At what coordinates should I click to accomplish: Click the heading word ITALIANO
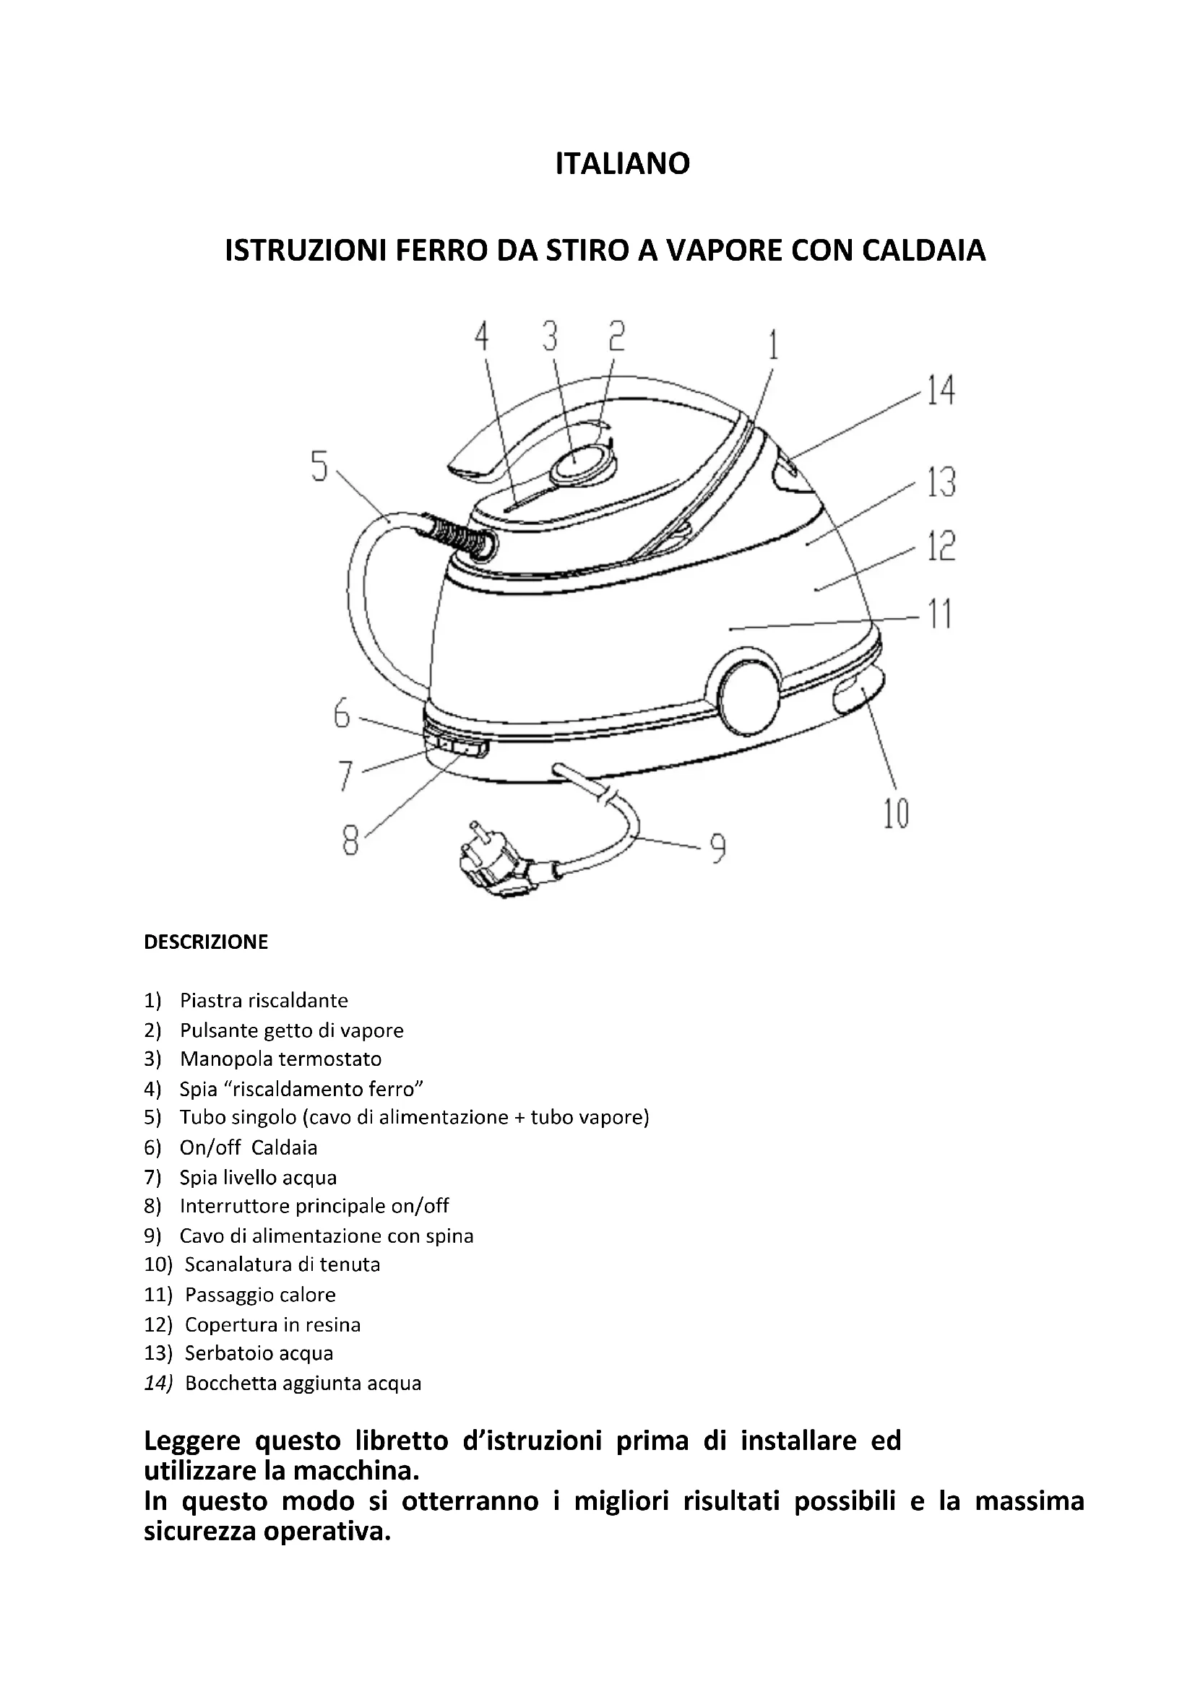point(623,163)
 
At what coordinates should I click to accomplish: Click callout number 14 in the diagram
point(940,390)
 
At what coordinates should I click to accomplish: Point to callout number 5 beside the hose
point(319,466)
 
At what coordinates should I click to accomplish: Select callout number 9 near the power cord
point(717,848)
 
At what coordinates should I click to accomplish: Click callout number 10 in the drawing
point(896,814)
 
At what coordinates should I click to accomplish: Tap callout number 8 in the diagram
point(351,841)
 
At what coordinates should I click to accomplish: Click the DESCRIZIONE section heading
point(206,942)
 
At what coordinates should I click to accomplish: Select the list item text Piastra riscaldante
point(264,1000)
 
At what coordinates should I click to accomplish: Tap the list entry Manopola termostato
point(280,1059)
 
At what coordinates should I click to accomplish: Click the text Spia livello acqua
point(257,1178)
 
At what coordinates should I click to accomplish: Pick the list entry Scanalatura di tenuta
point(282,1264)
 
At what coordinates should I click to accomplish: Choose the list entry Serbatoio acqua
point(258,1352)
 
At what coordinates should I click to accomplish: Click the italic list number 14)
point(158,1383)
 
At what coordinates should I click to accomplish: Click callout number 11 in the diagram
point(939,614)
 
